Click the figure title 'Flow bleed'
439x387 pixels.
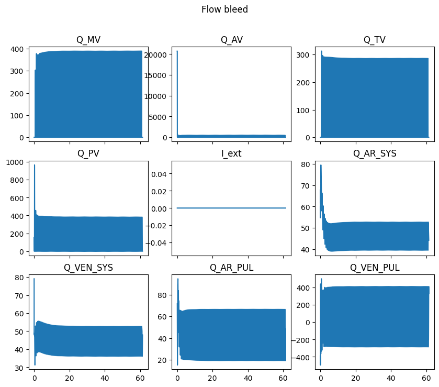[224, 9]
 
